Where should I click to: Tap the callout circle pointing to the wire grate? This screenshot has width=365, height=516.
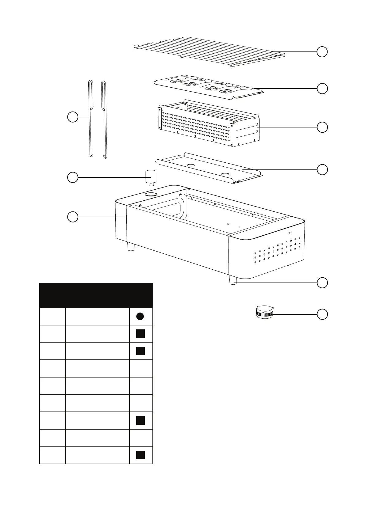click(322, 52)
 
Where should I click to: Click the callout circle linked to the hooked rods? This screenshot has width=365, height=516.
click(72, 117)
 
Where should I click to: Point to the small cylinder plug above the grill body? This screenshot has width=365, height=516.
click(150, 177)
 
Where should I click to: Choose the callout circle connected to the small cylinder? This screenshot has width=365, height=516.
click(72, 177)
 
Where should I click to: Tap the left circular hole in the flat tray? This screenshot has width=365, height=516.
click(191, 165)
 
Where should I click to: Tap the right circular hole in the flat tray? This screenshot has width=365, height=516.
click(225, 174)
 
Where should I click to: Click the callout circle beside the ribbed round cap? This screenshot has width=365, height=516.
click(322, 314)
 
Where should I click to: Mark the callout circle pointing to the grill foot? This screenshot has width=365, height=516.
click(322, 283)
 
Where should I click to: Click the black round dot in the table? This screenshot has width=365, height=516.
click(140, 317)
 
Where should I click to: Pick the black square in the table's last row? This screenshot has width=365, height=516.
click(140, 455)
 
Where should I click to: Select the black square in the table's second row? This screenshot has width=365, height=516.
click(140, 333)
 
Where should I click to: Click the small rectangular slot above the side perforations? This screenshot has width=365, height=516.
click(290, 232)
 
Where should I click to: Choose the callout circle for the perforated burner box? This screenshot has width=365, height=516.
click(322, 127)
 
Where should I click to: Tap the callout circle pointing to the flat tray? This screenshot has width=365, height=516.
click(322, 169)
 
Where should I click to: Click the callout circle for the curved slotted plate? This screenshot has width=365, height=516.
click(322, 89)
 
